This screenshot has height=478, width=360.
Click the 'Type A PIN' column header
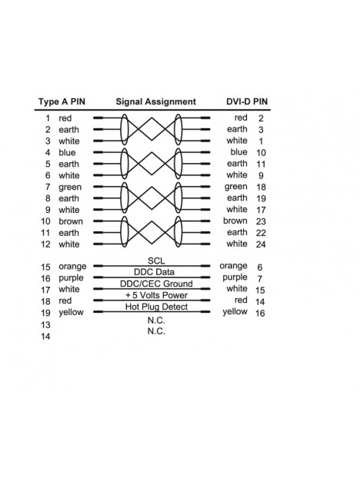[62, 101]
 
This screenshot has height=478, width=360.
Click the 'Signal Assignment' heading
[155, 101]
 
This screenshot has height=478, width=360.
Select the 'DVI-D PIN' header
[247, 101]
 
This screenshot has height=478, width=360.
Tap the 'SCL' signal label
[156, 261]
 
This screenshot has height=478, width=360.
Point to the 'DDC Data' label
[154, 272]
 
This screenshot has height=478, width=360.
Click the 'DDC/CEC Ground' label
[156, 284]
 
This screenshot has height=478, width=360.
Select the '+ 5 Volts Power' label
[156, 295]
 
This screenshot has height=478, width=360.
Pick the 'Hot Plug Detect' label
[156, 307]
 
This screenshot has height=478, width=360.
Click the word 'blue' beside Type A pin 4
[67, 152]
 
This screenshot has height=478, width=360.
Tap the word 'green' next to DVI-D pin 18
[236, 187]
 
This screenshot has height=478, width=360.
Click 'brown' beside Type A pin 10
[71, 221]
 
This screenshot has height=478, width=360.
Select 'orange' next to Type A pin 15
[72, 267]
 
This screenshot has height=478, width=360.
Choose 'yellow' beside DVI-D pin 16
[235, 312]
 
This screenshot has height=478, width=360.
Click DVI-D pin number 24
[261, 244]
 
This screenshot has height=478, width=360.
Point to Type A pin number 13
[45, 325]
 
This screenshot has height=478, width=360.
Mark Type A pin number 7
[48, 187]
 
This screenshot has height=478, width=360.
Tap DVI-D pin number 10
[261, 152]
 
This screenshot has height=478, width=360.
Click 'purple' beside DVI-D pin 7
[235, 277]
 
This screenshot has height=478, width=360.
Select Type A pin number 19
[45, 313]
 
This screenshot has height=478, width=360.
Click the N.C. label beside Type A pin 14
[156, 331]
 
